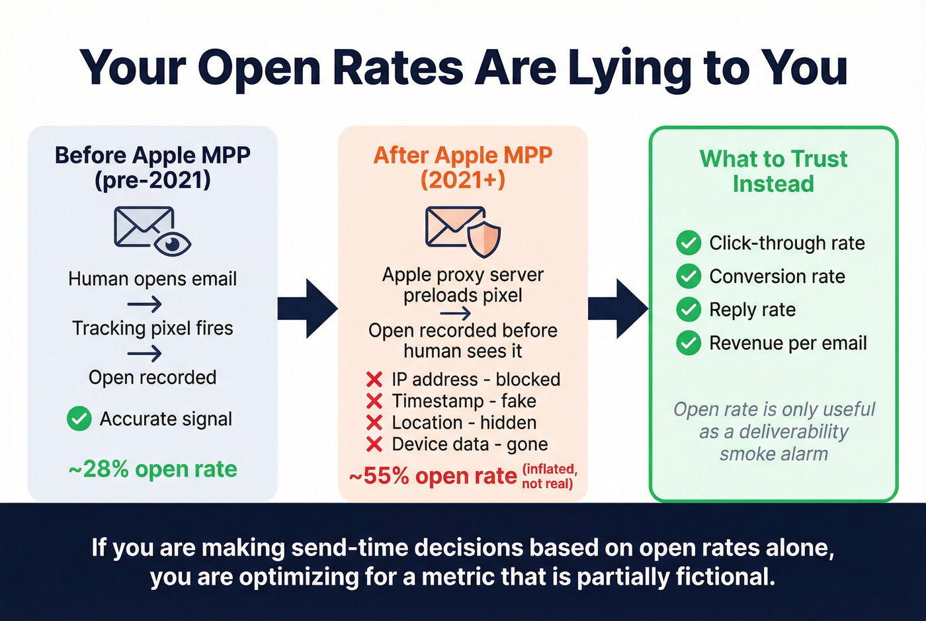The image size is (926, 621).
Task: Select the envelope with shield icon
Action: click(463, 231)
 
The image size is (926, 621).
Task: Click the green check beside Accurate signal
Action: click(79, 419)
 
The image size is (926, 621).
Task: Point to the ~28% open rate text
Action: click(153, 470)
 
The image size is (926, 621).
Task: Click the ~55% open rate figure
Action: click(433, 476)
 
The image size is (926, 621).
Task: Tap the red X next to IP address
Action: click(374, 380)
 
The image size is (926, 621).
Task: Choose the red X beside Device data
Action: click(374, 444)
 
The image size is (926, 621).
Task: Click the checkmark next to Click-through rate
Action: click(689, 243)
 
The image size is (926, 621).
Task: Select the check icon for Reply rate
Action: click(689, 310)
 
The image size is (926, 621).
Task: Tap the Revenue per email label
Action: click(788, 343)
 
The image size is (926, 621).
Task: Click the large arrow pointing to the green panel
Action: click(618, 309)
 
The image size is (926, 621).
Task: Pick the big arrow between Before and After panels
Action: click(308, 309)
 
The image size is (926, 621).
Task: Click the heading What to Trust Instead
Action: click(773, 171)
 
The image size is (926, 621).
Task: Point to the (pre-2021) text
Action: click(153, 180)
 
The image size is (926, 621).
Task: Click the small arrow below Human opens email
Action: click(145, 304)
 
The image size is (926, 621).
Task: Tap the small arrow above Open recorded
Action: click(145, 354)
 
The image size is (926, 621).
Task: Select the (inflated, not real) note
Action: click(549, 476)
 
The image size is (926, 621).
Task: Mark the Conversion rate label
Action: click(777, 276)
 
